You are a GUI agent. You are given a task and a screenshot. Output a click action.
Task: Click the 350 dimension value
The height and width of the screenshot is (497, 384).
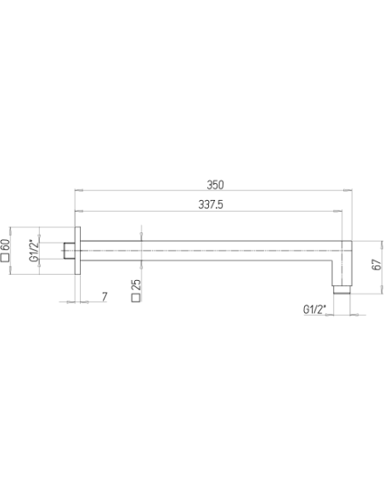coord(215,185)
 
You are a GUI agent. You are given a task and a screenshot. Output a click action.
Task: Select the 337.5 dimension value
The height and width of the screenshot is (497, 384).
coord(211,205)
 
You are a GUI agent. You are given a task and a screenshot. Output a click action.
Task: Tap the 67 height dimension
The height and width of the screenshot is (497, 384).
coord(376,265)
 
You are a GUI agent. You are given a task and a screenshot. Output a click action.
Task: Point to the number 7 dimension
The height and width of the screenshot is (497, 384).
coord(104,297)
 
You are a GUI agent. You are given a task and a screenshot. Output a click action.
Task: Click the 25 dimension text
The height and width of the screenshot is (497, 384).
coord(136,285)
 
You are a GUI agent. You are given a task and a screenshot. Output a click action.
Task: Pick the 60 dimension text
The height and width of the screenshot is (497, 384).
coord(5,246)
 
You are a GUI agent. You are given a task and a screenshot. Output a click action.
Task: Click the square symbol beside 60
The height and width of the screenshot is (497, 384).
coord(5,258)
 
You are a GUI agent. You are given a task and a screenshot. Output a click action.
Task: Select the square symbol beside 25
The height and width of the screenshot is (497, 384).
coord(136,298)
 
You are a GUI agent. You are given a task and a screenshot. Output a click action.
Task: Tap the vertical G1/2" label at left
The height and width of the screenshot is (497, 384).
coord(34,251)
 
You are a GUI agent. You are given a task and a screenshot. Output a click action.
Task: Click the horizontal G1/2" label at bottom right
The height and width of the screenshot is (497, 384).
coord(314,310)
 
